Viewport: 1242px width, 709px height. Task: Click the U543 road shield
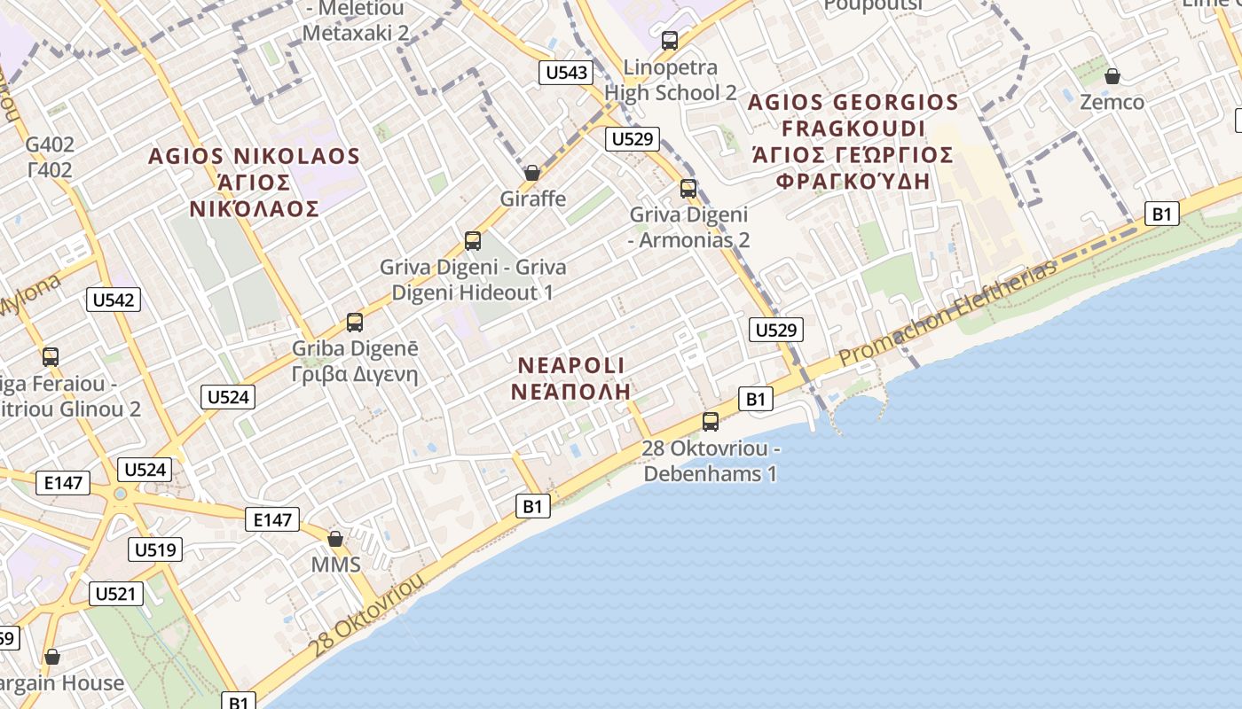click(x=566, y=73)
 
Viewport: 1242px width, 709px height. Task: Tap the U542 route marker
click(x=114, y=300)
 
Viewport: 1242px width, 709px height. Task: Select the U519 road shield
click(x=155, y=549)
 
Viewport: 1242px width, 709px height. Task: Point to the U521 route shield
click(x=116, y=594)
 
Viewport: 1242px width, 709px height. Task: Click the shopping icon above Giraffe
click(x=532, y=173)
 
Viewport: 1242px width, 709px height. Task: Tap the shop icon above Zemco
click(x=1112, y=77)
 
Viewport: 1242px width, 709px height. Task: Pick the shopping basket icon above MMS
click(x=335, y=539)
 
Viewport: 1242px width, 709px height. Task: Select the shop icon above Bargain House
click(x=52, y=657)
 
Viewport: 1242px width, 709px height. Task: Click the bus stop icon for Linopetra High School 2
click(x=670, y=41)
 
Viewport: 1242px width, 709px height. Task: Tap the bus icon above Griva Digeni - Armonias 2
click(x=688, y=189)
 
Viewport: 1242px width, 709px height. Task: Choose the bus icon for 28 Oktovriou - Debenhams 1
click(x=711, y=422)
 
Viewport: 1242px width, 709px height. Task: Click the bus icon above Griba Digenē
click(x=355, y=323)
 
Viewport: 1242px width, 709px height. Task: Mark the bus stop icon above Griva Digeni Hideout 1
click(x=473, y=241)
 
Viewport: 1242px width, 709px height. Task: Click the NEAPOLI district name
click(x=572, y=365)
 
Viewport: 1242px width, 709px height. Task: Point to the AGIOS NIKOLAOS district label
click(x=254, y=157)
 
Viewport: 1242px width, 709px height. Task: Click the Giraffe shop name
click(x=532, y=199)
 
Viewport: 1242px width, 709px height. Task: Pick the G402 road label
click(x=50, y=144)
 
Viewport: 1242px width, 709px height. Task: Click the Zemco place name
click(x=1112, y=102)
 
